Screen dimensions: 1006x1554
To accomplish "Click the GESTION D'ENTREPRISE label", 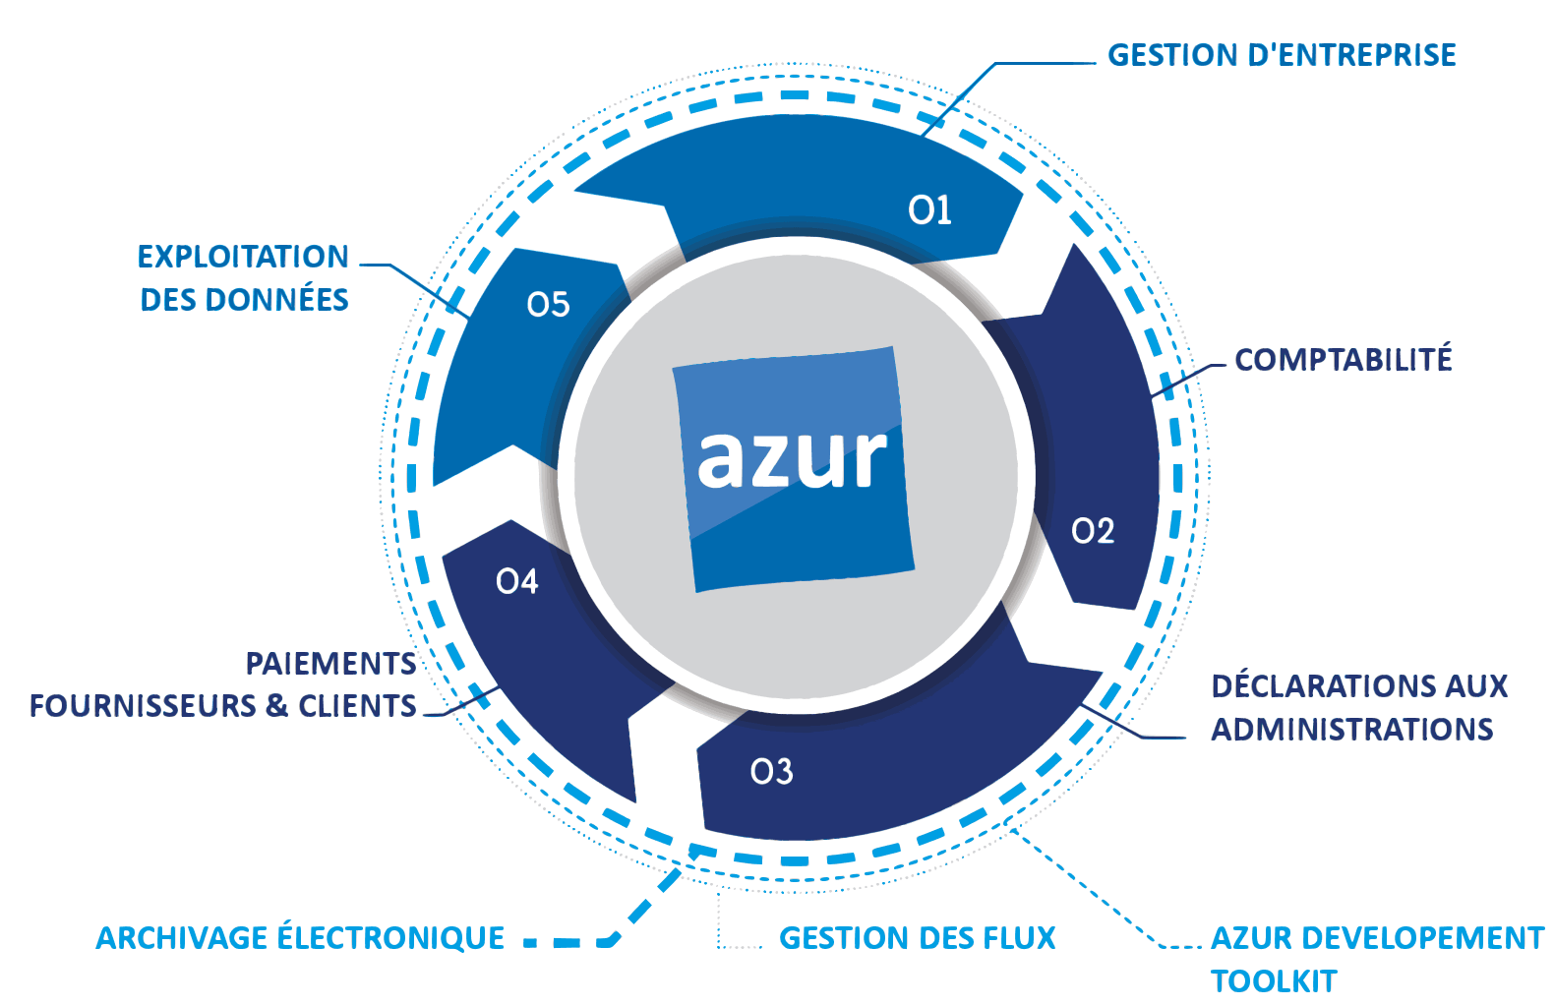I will pyautogui.click(x=1282, y=55).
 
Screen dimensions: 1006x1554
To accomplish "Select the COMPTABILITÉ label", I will pyautogui.click(x=1343, y=360).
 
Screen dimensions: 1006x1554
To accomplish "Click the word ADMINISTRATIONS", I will pyautogui.click(x=1351, y=729).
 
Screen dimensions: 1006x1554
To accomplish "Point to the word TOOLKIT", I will pyautogui.click(x=1274, y=980).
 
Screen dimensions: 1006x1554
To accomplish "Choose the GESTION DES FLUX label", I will pyautogui.click(x=917, y=938).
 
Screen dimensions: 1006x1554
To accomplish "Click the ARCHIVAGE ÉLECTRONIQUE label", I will pyautogui.click(x=300, y=938).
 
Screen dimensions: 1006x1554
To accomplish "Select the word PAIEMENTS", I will pyautogui.click(x=330, y=664).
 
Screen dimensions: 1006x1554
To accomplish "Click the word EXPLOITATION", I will pyautogui.click(x=243, y=257).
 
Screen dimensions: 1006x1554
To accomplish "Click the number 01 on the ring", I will pyautogui.click(x=929, y=209).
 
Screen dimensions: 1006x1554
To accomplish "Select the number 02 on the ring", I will pyautogui.click(x=1093, y=531).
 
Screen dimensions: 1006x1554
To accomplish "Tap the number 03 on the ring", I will pyautogui.click(x=771, y=772).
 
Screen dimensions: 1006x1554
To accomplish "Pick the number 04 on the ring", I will pyautogui.click(x=517, y=582).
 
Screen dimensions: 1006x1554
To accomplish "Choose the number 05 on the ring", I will pyautogui.click(x=548, y=305).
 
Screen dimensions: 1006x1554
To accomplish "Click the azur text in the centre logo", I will pyautogui.click(x=792, y=457).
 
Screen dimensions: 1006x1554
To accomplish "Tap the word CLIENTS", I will pyautogui.click(x=357, y=706).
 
